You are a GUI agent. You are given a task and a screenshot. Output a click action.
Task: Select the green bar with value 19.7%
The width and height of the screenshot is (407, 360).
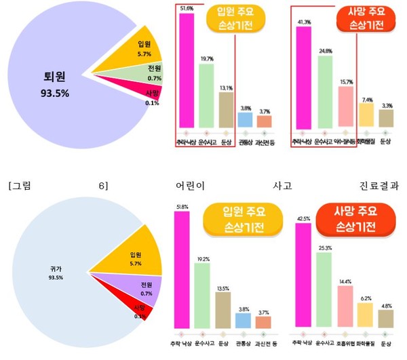coord(206,95)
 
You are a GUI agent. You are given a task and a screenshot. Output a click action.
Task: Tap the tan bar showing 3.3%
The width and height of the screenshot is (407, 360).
coord(386,119)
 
